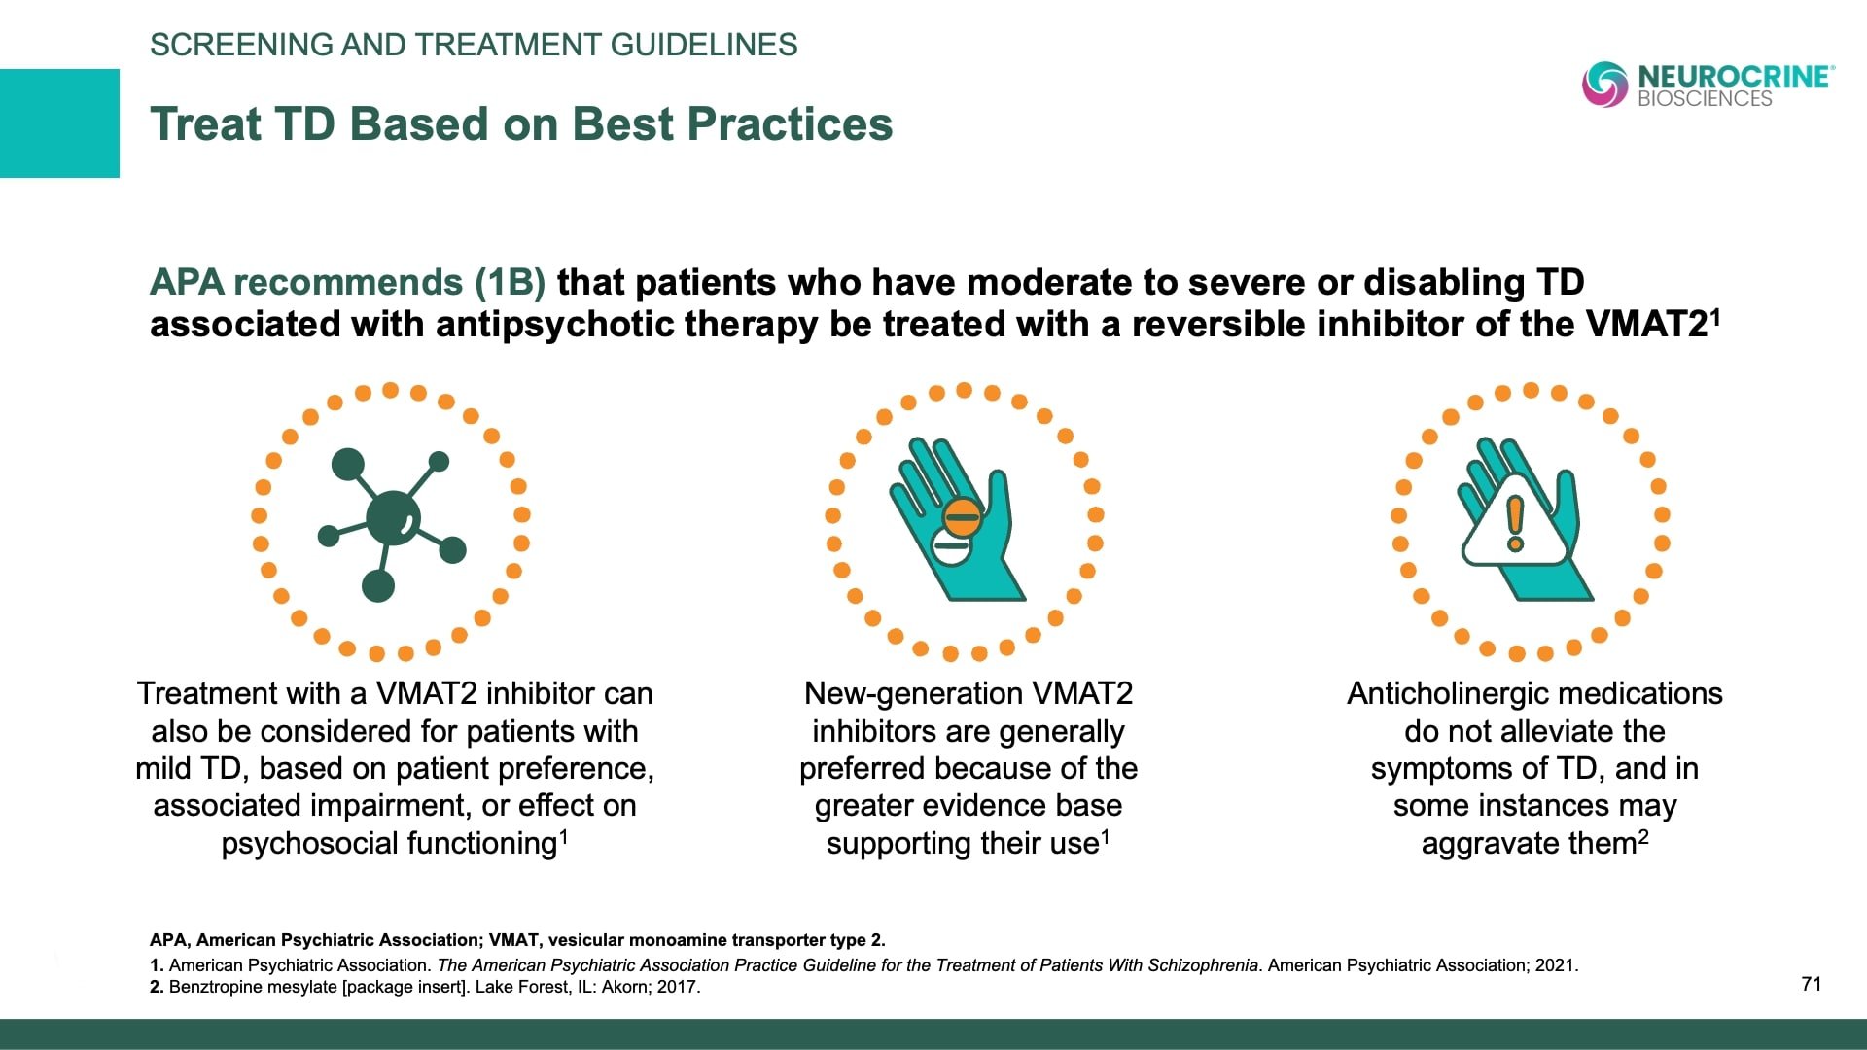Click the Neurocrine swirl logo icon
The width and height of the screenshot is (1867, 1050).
click(1604, 84)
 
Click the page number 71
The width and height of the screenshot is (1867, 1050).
click(1811, 984)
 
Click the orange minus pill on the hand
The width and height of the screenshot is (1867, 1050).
click(962, 516)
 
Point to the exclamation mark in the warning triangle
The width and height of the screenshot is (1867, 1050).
click(1515, 523)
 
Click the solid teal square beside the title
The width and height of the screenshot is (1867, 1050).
click(59, 123)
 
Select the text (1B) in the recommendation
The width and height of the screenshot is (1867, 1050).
click(510, 282)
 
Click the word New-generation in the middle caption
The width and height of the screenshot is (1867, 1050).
click(911, 693)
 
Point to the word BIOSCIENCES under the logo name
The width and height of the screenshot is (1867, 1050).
click(1705, 99)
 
